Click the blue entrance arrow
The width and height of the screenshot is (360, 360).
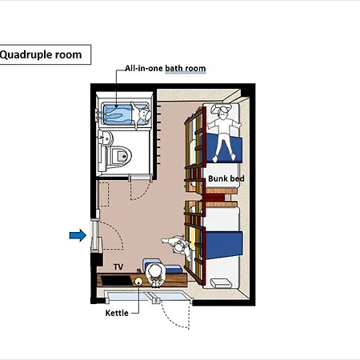coord(78,235)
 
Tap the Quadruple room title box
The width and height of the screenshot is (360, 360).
coord(45,54)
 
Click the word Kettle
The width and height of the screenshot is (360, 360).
coord(117,313)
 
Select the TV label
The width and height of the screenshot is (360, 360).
coord(118,266)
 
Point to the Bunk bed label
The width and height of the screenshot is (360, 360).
coord(226,178)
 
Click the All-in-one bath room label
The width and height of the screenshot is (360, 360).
coord(166,68)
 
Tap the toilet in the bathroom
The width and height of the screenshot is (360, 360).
coord(119,156)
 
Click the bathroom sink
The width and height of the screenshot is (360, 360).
coord(106,138)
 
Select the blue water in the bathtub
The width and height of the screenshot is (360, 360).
coord(118,114)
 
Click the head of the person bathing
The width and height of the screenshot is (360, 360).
coord(145,114)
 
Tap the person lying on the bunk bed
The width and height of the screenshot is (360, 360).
coord(223,133)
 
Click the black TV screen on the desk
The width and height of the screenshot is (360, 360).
coord(117,281)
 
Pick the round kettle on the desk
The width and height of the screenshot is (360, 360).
coord(138,281)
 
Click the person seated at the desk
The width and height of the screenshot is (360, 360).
coord(154,274)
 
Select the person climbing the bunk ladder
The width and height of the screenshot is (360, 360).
coord(178,246)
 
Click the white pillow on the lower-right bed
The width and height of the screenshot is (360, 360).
coord(221,283)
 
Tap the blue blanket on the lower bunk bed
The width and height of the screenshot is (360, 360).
coord(224,245)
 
